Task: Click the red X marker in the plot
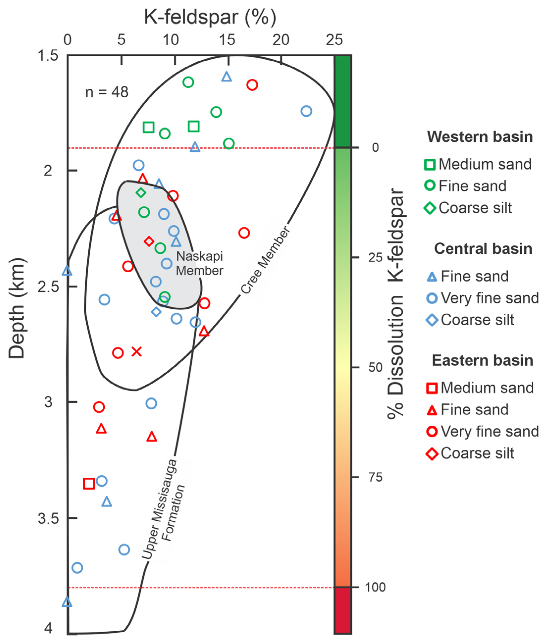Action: click(137, 352)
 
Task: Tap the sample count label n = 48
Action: click(107, 92)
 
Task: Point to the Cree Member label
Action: click(265, 260)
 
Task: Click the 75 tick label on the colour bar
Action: click(375, 477)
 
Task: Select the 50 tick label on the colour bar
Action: click(375, 367)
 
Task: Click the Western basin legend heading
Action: click(480, 137)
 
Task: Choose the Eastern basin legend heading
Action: click(482, 360)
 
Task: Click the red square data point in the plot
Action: click(89, 483)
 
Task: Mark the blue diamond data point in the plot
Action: click(156, 312)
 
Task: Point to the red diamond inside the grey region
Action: click(149, 241)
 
